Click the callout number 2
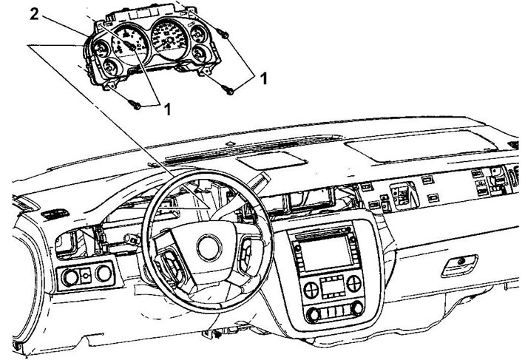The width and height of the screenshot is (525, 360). (x=35, y=14)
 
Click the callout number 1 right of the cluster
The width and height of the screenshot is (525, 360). (x=264, y=78)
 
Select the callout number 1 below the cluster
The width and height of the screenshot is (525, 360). (x=168, y=109)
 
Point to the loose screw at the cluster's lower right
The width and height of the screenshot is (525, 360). (x=228, y=89)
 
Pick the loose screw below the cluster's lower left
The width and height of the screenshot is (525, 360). (x=136, y=105)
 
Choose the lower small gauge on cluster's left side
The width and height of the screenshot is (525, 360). (x=109, y=67)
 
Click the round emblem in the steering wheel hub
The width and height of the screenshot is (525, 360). (x=209, y=248)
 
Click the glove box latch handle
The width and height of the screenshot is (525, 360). (x=459, y=265)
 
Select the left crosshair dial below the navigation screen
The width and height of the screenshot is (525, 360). (x=311, y=290)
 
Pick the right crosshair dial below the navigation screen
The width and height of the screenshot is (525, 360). (x=353, y=284)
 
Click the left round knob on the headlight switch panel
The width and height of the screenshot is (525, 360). (x=70, y=277)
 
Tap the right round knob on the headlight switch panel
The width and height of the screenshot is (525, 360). (x=104, y=274)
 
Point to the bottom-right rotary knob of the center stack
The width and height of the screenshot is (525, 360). (x=357, y=307)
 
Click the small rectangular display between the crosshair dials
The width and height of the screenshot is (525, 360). (x=332, y=288)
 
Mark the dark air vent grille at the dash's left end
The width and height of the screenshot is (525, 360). (x=55, y=214)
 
